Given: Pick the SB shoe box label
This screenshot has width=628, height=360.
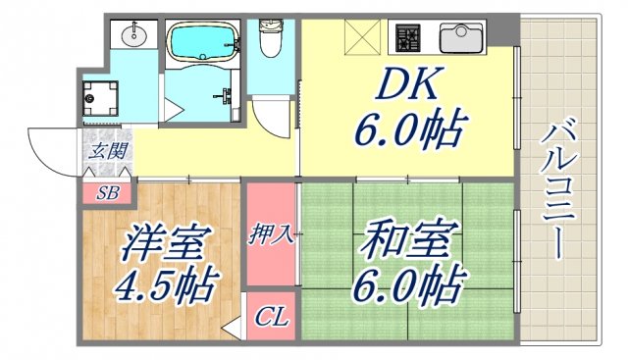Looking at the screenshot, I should pyautogui.click(x=107, y=192).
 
